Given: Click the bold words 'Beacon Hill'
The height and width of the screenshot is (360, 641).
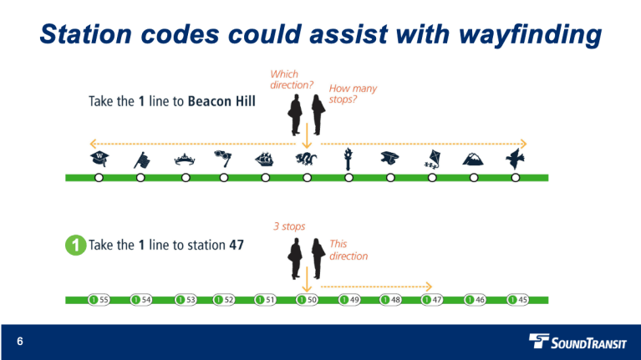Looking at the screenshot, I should (221, 101).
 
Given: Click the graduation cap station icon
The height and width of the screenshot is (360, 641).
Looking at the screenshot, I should (389, 159).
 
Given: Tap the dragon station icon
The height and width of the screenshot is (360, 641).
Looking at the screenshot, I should (307, 158).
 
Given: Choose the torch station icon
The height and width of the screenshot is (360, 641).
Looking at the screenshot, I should (348, 158).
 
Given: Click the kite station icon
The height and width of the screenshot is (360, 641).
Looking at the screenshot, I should (431, 159).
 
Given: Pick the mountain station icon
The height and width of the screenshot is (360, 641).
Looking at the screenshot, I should (473, 159).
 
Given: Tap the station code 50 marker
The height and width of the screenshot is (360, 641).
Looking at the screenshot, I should (307, 299).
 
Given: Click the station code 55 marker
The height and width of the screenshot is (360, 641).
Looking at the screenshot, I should (99, 299).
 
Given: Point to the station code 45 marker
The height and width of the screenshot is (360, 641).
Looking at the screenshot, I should (517, 299).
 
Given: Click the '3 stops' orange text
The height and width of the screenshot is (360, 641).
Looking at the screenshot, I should (288, 226).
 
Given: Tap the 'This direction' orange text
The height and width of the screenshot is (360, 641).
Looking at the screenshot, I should (348, 250).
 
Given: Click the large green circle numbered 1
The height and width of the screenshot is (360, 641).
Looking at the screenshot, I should (74, 246).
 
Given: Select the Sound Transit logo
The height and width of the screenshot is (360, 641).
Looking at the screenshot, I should (576, 341).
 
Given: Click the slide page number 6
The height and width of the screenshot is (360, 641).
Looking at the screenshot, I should (19, 342).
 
